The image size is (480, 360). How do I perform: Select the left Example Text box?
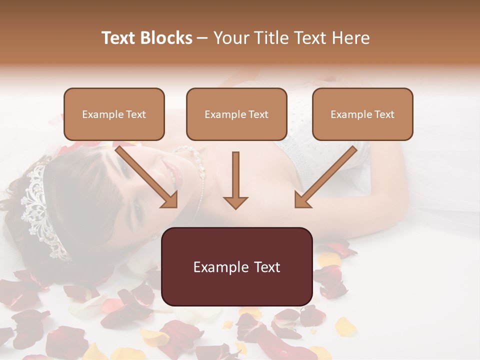coord(114,114)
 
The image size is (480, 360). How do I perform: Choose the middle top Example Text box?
coord(236,114)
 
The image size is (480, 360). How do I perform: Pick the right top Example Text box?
coord(362,114)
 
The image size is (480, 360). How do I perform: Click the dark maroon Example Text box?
coord(236,266)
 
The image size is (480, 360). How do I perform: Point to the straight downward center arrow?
coord(235,180)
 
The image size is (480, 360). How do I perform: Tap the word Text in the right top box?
coord(384,114)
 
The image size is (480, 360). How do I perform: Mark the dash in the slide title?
coord(202,38)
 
